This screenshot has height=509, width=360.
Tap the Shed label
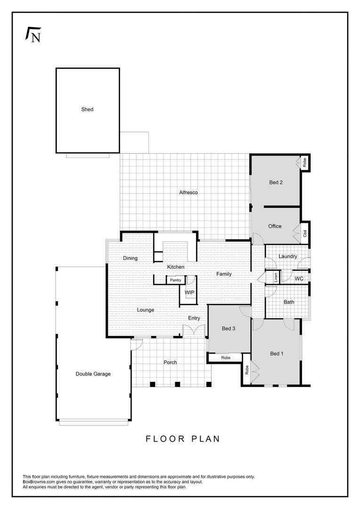click(87, 109)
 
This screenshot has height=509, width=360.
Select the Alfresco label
click(188, 192)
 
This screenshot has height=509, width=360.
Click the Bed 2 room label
click(276, 182)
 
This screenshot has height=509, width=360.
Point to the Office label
click(275, 226)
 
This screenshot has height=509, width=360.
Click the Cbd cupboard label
click(305, 233)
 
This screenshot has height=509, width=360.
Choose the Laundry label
click(287, 256)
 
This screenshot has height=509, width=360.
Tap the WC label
click(299, 279)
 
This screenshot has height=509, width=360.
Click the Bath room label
click(289, 302)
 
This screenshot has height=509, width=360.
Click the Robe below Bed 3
click(226, 358)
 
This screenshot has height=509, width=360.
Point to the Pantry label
click(175, 280)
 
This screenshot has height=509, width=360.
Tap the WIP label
click(189, 293)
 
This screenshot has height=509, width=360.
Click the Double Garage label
click(93, 374)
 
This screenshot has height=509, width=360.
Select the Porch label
click(170, 362)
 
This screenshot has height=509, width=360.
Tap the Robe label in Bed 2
click(305, 163)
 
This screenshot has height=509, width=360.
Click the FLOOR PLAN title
click(183, 439)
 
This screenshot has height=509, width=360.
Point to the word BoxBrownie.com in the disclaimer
click(40, 482)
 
